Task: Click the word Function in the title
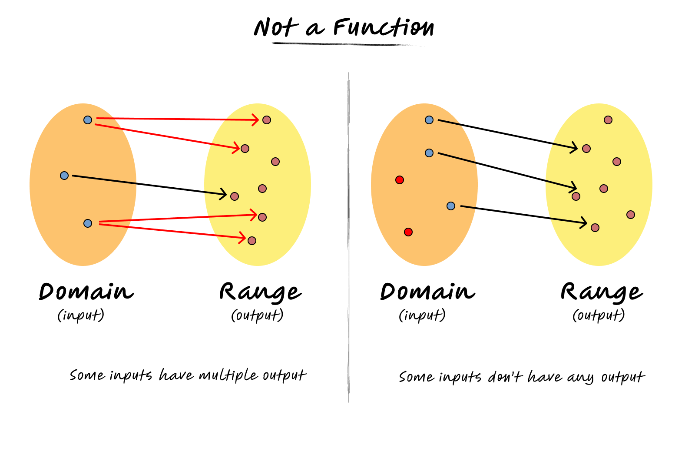[x=383, y=28]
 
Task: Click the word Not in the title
[x=276, y=28]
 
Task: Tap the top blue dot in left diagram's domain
[x=88, y=120]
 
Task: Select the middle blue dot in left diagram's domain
[x=64, y=176]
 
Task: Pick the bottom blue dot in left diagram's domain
[x=88, y=223]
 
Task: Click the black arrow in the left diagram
[x=148, y=185]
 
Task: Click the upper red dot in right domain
[x=400, y=180]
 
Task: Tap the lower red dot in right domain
[x=408, y=232]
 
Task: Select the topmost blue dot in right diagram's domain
[x=429, y=120]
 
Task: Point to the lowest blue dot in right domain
[x=451, y=206]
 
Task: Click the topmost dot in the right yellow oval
[x=608, y=120]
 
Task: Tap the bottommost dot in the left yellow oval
[x=252, y=241]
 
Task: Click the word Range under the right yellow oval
[x=601, y=292]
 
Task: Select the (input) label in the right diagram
[x=422, y=315]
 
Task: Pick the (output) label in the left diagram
[x=257, y=315]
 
